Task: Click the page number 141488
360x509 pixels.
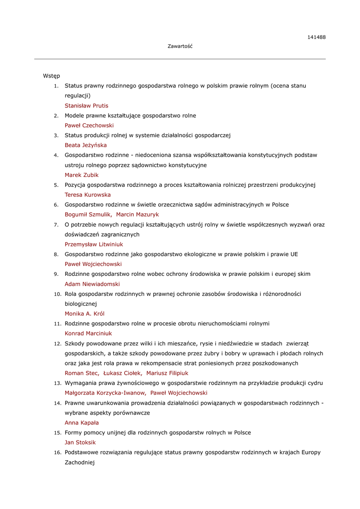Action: pos(316,37)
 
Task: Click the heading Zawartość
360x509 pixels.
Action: pos(180,46)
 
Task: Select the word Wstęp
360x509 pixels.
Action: pos(51,76)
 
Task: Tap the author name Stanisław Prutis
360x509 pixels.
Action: pos(86,106)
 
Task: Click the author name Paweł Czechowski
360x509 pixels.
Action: pos(89,126)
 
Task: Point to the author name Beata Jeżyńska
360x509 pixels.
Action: pos(86,145)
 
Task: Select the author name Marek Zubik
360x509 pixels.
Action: pos(82,175)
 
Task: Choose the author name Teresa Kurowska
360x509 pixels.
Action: pos(88,195)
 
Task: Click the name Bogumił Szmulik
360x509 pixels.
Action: pos(88,215)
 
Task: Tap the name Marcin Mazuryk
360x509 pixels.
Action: pos(137,215)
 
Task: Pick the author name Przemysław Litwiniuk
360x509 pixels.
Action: pos(93,245)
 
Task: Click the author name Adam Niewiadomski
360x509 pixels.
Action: pos(92,284)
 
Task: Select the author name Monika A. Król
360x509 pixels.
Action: pos(85,314)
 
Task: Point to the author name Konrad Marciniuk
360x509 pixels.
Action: pos(88,334)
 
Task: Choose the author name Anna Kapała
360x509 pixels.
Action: pos(82,423)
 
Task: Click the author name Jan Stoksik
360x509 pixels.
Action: pos(80,442)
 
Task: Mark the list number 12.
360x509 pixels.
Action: pos(57,343)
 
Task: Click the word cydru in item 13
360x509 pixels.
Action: pos(315,383)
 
